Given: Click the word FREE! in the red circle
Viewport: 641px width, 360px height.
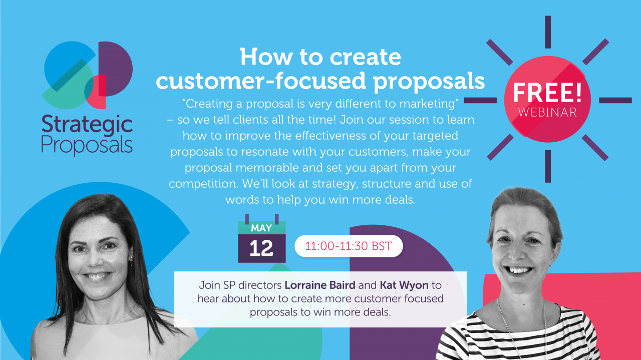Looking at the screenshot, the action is click(547, 93).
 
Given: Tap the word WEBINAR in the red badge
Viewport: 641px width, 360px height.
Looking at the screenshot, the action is click(547, 113).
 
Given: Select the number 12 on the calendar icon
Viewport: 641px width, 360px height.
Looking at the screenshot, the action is click(261, 248).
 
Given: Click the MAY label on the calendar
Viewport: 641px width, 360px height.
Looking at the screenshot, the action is click(261, 228).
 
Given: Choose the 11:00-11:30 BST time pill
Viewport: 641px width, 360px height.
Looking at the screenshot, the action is click(349, 246).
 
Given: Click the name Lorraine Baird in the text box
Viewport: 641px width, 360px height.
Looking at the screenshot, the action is click(320, 285).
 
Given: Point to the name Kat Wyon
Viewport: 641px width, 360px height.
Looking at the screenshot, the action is click(404, 285).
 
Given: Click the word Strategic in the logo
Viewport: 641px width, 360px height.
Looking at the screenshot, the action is click(87, 125).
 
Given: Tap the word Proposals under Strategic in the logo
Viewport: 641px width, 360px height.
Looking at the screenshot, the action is click(87, 146).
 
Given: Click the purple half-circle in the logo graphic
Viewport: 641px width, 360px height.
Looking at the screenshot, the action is click(116, 69).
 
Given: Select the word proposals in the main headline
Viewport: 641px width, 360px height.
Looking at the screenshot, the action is click(429, 81).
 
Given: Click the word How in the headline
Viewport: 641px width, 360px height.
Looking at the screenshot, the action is click(266, 57).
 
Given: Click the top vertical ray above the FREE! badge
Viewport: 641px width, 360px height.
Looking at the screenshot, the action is click(548, 32).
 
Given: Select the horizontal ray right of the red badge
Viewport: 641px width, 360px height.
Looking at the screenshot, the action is click(615, 100).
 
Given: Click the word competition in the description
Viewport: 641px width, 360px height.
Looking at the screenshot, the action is click(203, 184).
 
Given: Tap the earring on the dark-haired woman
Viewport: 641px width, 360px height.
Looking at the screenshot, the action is click(131, 260).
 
